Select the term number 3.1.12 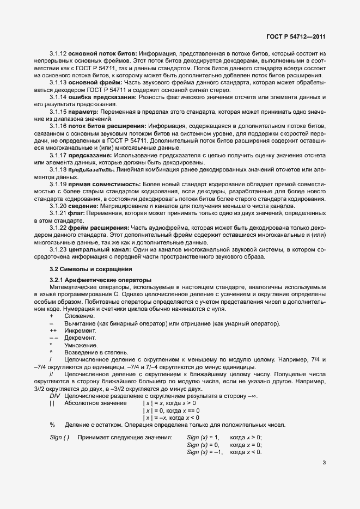point(58,53)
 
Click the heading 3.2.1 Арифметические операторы point(100,280)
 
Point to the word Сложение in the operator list point(80,316)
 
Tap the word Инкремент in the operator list point(80,330)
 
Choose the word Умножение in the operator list point(81,345)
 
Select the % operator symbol point(52,425)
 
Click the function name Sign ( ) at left point(59,437)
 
